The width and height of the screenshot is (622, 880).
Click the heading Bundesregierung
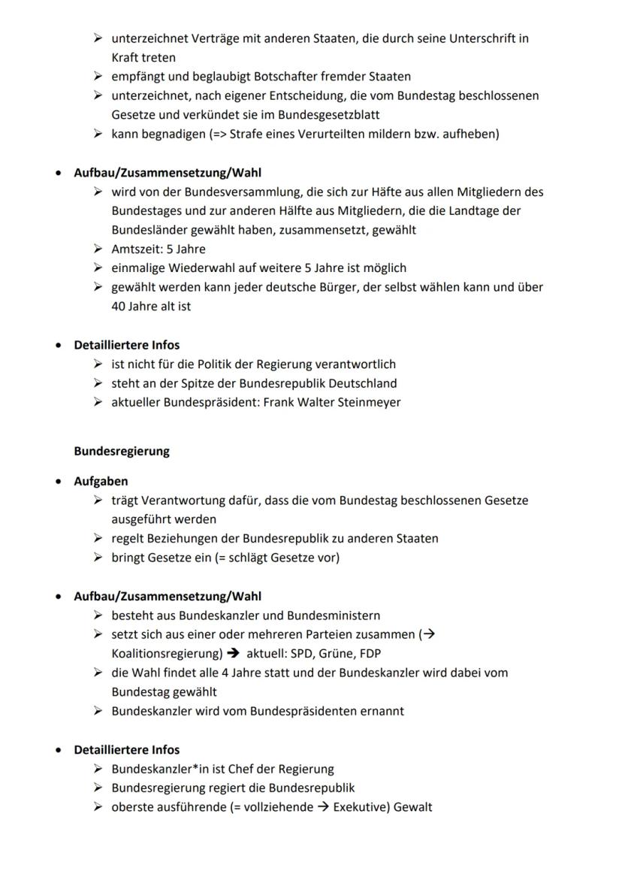point(122,452)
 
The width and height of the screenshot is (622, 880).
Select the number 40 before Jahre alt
point(118,306)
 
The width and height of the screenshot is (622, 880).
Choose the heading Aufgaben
point(101,481)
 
